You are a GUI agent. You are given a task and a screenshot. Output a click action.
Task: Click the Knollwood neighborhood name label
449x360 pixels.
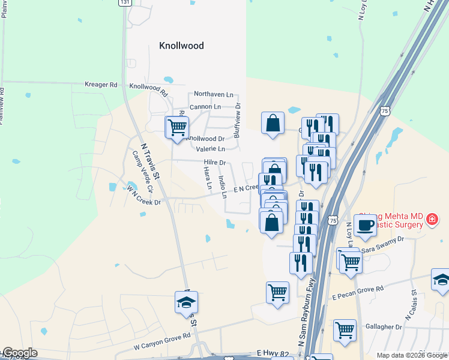[x=181, y=46]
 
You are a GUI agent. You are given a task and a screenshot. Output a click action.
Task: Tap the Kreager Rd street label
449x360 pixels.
[x=101, y=85]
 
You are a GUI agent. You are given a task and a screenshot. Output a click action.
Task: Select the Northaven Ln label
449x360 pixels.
[x=213, y=95]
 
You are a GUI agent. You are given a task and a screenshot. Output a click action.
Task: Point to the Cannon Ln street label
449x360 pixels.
[x=205, y=107]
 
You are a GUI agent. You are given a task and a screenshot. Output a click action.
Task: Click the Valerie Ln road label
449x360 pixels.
[x=210, y=149]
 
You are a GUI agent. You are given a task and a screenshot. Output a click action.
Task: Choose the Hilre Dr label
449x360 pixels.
[x=214, y=163]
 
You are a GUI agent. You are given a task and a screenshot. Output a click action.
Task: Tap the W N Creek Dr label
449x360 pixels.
[x=144, y=196]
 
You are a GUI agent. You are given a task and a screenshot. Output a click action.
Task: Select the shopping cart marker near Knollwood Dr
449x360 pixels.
[x=176, y=127]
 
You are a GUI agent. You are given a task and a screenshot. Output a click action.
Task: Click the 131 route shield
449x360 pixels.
[x=124, y=3]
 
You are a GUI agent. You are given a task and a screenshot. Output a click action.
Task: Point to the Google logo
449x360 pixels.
[x=20, y=353]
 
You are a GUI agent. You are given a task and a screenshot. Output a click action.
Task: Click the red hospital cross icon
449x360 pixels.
[x=430, y=221]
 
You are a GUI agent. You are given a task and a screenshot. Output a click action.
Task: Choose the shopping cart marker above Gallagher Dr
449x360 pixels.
[x=345, y=330]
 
